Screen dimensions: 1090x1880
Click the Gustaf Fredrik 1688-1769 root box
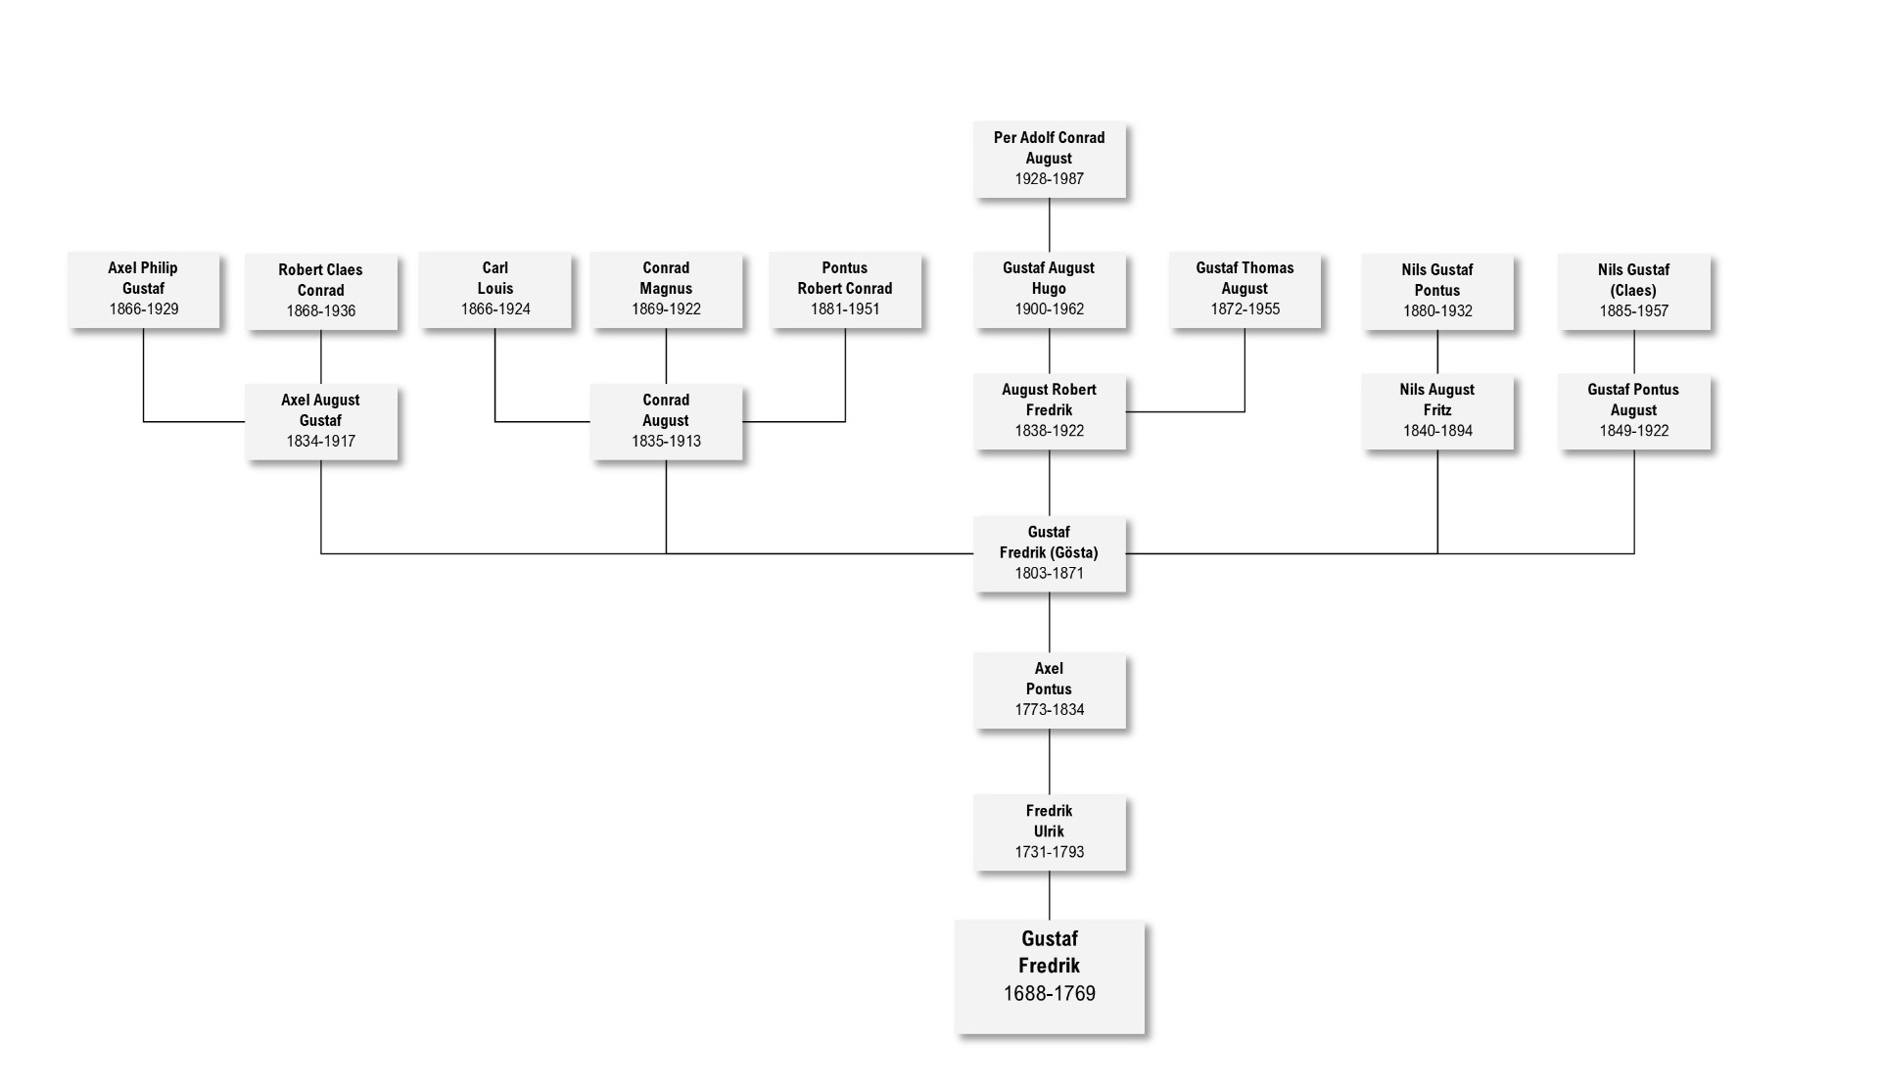coord(1049,976)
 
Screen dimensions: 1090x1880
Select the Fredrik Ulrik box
coord(1049,831)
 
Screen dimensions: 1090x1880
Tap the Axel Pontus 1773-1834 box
coord(1049,689)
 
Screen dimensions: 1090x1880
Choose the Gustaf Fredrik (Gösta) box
coord(1049,553)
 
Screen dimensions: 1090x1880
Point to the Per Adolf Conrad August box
coord(1049,159)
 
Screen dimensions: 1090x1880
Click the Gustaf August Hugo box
coord(1049,289)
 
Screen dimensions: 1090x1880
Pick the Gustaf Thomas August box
coord(1245,289)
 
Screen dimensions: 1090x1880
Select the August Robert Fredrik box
coord(1049,410)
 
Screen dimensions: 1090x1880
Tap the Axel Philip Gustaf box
coord(143,289)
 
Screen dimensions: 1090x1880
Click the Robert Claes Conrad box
coord(320,291)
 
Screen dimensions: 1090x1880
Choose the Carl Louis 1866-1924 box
coord(494,289)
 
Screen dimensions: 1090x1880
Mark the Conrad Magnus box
coord(666,289)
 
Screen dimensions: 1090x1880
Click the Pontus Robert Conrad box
coord(844,289)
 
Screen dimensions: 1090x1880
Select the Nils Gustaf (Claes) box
coord(1633,291)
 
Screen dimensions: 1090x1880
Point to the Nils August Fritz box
coord(1436,410)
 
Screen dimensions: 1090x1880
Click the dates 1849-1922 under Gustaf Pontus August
coord(1633,431)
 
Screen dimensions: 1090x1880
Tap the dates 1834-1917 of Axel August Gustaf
coord(320,442)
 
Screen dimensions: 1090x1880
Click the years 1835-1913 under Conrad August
coord(666,442)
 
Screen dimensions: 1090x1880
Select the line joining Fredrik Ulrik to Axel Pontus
coord(1050,762)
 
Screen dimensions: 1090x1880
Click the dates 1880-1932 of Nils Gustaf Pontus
coord(1436,311)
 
